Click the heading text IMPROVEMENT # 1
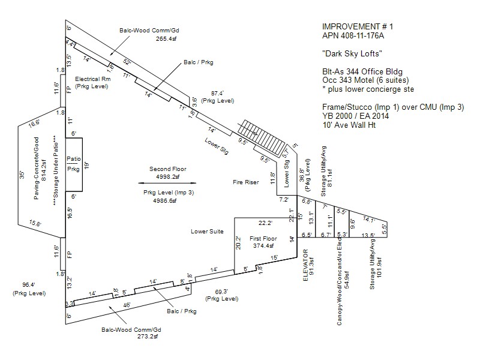(x=353, y=28)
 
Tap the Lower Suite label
(x=207, y=231)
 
